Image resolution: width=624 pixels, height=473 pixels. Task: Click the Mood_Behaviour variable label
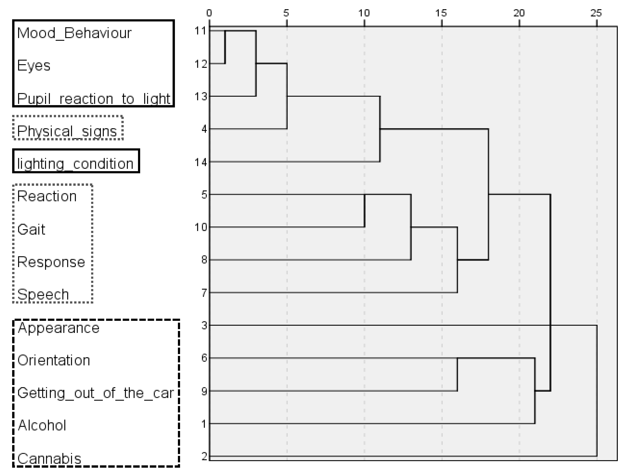click(74, 33)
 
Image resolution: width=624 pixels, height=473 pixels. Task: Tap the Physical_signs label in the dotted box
click(67, 131)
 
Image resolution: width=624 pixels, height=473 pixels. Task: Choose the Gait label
click(31, 230)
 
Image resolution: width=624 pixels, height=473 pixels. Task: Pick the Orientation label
click(54, 360)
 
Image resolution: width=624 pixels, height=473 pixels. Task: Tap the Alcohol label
click(42, 425)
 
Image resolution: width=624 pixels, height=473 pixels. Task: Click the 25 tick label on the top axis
click(596, 13)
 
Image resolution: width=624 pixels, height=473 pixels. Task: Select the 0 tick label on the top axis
click(209, 13)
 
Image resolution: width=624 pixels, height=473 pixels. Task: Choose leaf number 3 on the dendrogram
click(204, 326)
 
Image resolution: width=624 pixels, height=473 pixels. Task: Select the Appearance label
click(58, 328)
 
